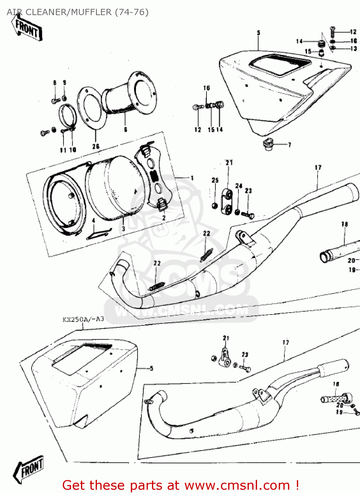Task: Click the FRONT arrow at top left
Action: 27,28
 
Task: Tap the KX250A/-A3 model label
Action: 83,319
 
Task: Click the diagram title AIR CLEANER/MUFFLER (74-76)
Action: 78,12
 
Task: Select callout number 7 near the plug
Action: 289,145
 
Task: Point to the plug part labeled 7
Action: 268,144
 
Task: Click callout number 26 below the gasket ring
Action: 96,146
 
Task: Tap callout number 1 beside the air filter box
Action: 192,178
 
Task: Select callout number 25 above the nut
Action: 215,180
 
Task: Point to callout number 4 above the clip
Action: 93,221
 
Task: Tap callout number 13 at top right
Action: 353,49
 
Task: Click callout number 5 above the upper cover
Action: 258,33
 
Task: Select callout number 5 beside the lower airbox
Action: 151,368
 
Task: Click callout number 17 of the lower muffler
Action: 286,342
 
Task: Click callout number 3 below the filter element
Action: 123,228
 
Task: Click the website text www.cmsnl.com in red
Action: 237,485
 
